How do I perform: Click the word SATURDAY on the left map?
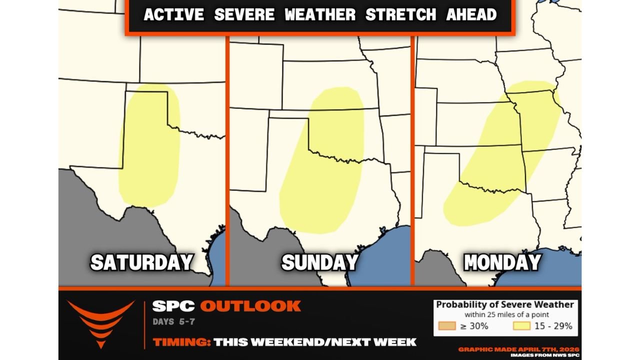(x=141, y=262)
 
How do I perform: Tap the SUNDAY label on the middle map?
(x=319, y=262)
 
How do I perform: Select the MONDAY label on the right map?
(x=502, y=262)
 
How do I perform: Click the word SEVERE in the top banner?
(x=244, y=14)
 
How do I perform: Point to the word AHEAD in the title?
(x=471, y=14)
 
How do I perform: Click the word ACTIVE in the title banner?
(x=173, y=14)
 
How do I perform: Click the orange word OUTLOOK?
(x=250, y=306)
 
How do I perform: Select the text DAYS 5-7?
(x=173, y=322)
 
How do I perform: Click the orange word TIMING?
(x=181, y=342)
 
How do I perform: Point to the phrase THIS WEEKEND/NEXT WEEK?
(x=315, y=342)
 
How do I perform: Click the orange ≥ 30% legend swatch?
(x=446, y=326)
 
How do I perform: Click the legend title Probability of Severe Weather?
(x=505, y=304)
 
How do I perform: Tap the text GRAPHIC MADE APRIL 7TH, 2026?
(x=519, y=349)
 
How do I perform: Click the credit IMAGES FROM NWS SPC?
(x=545, y=355)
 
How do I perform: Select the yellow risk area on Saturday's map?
(x=149, y=150)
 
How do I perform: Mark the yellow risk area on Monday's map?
(x=500, y=160)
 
